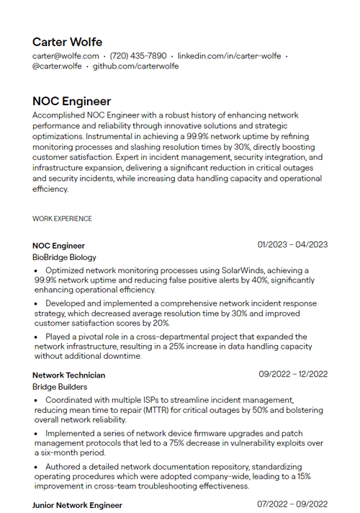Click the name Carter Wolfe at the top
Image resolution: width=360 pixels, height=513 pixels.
67,42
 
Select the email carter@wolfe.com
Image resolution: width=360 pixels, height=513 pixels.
66,55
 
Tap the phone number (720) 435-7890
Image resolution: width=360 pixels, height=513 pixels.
138,55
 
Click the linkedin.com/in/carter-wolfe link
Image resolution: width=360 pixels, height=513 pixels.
229,55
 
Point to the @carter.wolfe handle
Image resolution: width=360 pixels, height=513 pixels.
57,66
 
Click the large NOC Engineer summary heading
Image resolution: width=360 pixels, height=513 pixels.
71,101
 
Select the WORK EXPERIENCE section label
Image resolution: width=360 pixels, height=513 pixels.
62,218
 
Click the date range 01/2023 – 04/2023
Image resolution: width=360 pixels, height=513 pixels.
292,245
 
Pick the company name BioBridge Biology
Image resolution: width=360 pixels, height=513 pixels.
64,257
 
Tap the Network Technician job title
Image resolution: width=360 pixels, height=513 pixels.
68,375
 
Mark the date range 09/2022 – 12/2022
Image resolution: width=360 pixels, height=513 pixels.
293,374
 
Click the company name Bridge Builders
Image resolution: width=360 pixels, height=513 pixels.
60,387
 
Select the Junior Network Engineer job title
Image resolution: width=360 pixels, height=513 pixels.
77,505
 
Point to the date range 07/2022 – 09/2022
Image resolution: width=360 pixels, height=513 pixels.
292,504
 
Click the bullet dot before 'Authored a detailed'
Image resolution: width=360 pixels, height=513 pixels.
37,467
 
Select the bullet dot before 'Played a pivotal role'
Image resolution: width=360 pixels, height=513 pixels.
37,336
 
